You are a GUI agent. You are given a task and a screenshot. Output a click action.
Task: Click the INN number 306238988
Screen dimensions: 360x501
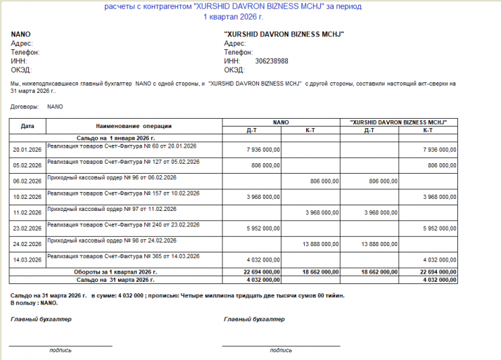(272, 61)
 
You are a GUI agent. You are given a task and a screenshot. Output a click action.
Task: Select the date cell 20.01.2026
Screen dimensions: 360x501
(27, 149)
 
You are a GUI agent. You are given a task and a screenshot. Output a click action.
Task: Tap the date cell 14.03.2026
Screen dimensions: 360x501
(27, 259)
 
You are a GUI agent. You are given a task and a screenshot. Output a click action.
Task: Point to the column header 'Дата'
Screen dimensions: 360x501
(27, 126)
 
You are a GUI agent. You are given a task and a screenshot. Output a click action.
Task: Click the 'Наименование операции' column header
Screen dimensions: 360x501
(134, 126)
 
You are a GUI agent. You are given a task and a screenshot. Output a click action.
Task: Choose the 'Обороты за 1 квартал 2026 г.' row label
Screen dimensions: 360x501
(115, 271)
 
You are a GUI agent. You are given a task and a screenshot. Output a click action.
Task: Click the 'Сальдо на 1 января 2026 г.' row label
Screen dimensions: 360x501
(115, 137)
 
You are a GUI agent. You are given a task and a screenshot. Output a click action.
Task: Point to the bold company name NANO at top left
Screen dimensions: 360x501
(21, 34)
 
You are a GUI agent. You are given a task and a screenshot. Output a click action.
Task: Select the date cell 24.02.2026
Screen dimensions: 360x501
(27, 243)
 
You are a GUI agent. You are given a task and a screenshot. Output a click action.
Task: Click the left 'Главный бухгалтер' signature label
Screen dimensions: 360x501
(41, 319)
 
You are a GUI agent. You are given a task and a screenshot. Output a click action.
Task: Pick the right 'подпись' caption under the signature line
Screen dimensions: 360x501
(281, 349)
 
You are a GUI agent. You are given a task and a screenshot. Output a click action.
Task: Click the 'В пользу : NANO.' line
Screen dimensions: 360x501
(34, 302)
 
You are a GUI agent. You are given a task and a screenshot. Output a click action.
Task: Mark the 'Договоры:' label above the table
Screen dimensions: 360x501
(25, 107)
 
